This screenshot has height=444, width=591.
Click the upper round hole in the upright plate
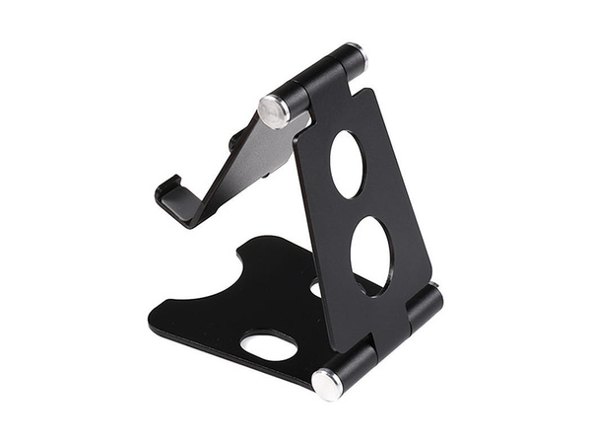coord(347,163)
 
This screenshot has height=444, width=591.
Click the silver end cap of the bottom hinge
coord(326,383)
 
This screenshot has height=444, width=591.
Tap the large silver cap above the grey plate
coord(274,110)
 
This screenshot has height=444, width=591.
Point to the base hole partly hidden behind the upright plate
coord(314,289)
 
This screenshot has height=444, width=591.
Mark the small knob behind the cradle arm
coord(233,145)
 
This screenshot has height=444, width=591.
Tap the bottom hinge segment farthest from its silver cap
coord(429,302)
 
